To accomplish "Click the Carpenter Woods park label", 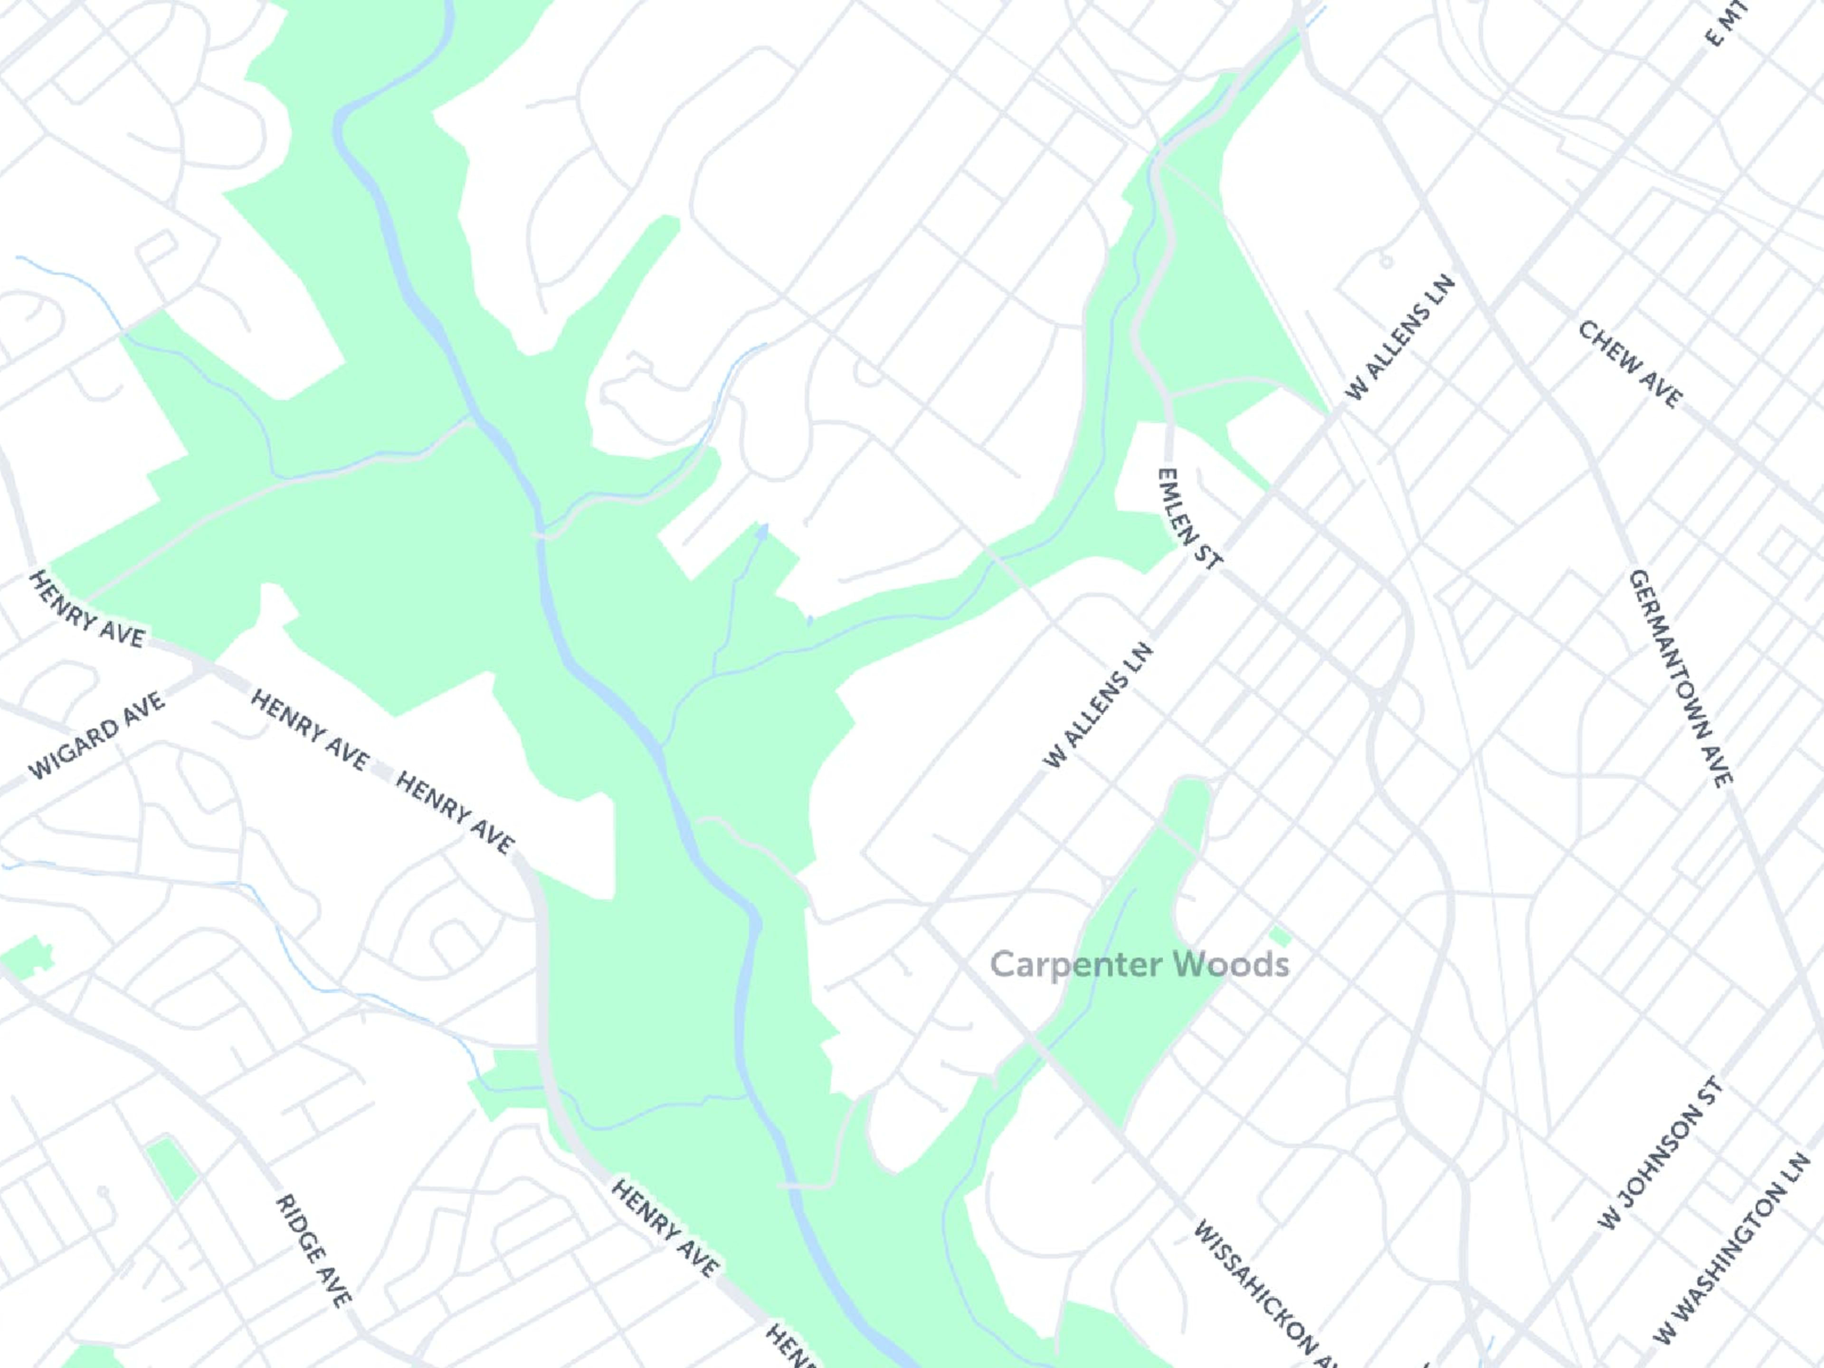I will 1139,964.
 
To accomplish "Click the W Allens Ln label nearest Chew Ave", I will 1399,338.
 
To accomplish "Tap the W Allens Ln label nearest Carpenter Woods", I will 1098,707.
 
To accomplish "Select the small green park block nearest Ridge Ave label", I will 171,1166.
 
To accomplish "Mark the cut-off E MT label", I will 1725,23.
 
